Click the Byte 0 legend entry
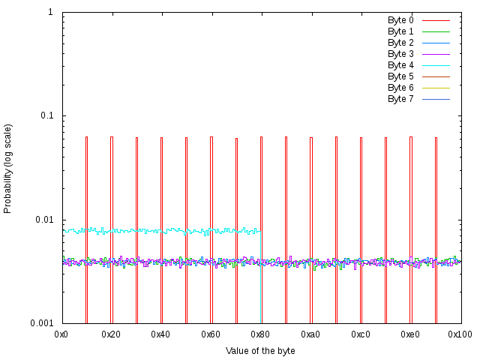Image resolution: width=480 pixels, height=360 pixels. coord(400,19)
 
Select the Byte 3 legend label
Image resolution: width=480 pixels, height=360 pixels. coord(400,54)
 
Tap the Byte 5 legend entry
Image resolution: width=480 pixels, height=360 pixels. coord(400,76)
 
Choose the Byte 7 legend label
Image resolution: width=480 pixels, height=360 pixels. coord(400,99)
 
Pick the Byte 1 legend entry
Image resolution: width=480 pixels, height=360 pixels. coord(400,31)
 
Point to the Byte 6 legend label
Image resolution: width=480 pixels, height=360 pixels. coord(400,88)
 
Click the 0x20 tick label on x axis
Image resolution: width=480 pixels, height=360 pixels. coord(112,333)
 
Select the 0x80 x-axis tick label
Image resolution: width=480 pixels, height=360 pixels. coord(261,333)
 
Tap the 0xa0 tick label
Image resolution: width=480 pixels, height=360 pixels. coord(310,333)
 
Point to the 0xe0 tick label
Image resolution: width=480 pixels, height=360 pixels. coord(410,333)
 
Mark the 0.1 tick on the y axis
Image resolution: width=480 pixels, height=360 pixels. coord(46,116)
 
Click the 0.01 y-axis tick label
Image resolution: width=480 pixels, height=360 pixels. coord(43,220)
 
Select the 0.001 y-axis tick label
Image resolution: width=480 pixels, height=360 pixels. coord(41,323)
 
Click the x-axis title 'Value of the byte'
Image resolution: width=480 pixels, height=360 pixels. coord(260,351)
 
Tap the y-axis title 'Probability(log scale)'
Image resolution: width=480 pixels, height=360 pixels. coord(8,168)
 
